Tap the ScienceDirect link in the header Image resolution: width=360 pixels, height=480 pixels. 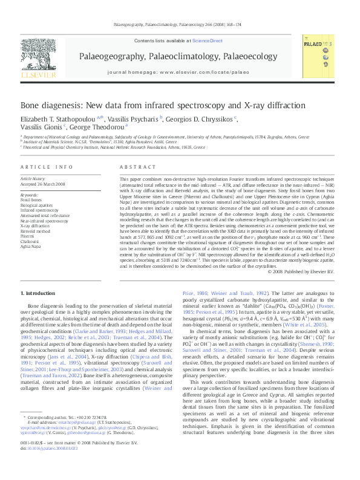tap(208, 41)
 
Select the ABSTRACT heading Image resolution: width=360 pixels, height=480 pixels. tap(134, 166)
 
